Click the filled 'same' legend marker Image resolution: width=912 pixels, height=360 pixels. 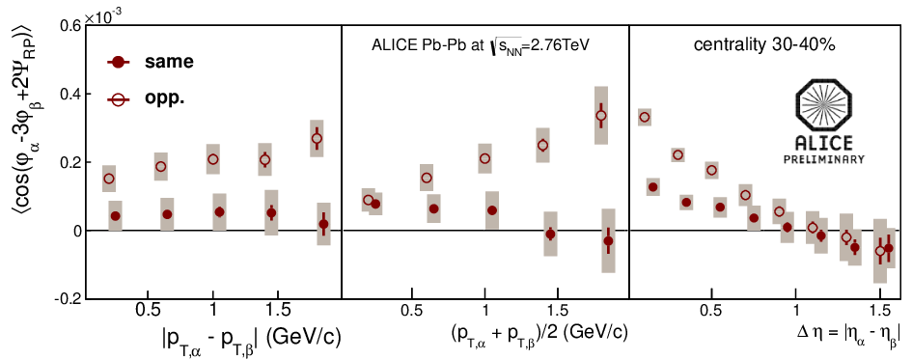coord(119,63)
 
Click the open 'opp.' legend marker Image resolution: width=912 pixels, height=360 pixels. coord(119,100)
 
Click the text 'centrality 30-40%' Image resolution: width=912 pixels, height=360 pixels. coord(765,45)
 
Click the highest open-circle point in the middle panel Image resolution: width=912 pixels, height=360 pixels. coord(601,115)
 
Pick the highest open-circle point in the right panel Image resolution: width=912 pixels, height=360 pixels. coord(645,117)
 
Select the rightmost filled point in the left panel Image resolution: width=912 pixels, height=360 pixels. coord(324,224)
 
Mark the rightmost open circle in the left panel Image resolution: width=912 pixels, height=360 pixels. coord(317,138)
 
